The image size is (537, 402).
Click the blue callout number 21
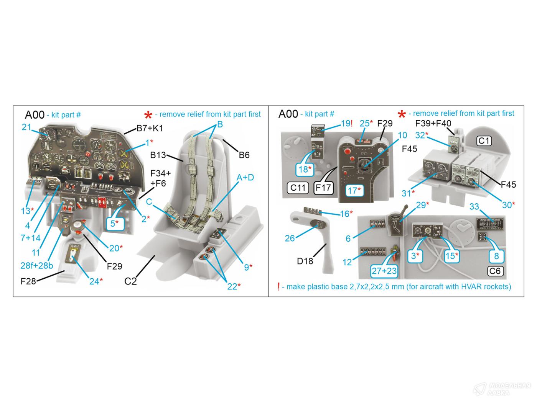pyautogui.click(x=26, y=127)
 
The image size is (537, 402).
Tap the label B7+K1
pyautogui.click(x=150, y=129)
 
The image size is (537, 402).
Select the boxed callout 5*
pyautogui.click(x=114, y=223)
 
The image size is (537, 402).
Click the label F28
pyautogui.click(x=28, y=281)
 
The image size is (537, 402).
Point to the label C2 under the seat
pyautogui.click(x=130, y=281)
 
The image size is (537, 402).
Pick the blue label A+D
pyautogui.click(x=245, y=177)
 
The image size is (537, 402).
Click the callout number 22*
pyautogui.click(x=234, y=286)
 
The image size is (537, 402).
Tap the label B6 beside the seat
pyautogui.click(x=244, y=155)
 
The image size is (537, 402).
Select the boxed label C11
pyautogui.click(x=298, y=188)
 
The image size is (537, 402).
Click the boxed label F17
pyautogui.click(x=323, y=188)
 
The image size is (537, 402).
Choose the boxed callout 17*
pyautogui.click(x=354, y=190)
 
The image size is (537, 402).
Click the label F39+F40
pyautogui.click(x=433, y=123)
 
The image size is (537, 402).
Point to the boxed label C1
pyautogui.click(x=484, y=141)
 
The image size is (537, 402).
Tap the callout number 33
pyautogui.click(x=474, y=207)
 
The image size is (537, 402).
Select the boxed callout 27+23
pyautogui.click(x=384, y=271)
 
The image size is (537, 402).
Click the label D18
pyautogui.click(x=305, y=261)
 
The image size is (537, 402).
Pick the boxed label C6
pyautogui.click(x=495, y=271)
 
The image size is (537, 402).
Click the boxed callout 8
pyautogui.click(x=496, y=256)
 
